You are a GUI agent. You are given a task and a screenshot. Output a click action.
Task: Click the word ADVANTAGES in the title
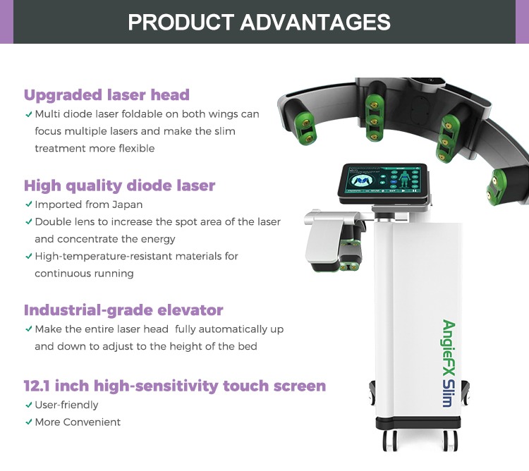[x=315, y=21]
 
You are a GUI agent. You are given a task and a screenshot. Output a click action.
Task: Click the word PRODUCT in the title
[x=181, y=21]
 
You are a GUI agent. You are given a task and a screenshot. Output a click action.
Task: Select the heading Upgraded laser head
[x=107, y=94]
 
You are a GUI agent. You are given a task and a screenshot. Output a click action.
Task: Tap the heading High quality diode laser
[x=119, y=185]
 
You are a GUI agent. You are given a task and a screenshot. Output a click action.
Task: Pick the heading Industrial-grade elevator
[x=123, y=310]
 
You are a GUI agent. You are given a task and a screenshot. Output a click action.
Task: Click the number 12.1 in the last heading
[x=40, y=386]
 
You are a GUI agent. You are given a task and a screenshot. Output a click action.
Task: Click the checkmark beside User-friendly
[x=28, y=405]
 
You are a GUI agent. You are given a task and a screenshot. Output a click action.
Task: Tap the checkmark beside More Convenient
[x=28, y=422]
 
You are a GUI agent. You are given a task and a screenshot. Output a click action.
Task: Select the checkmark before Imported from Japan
[x=28, y=204]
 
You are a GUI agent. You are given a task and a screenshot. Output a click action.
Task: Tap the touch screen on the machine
[x=382, y=181]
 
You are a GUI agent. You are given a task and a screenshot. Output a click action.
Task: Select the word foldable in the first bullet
[x=147, y=114]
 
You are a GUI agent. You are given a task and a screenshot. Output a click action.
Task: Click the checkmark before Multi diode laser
[x=28, y=114]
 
